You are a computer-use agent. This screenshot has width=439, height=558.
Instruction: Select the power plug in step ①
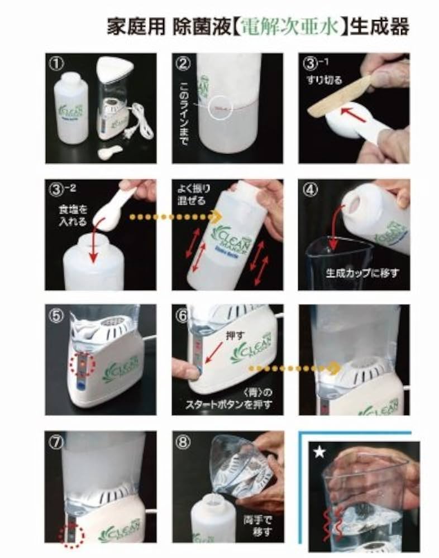(135, 134)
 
